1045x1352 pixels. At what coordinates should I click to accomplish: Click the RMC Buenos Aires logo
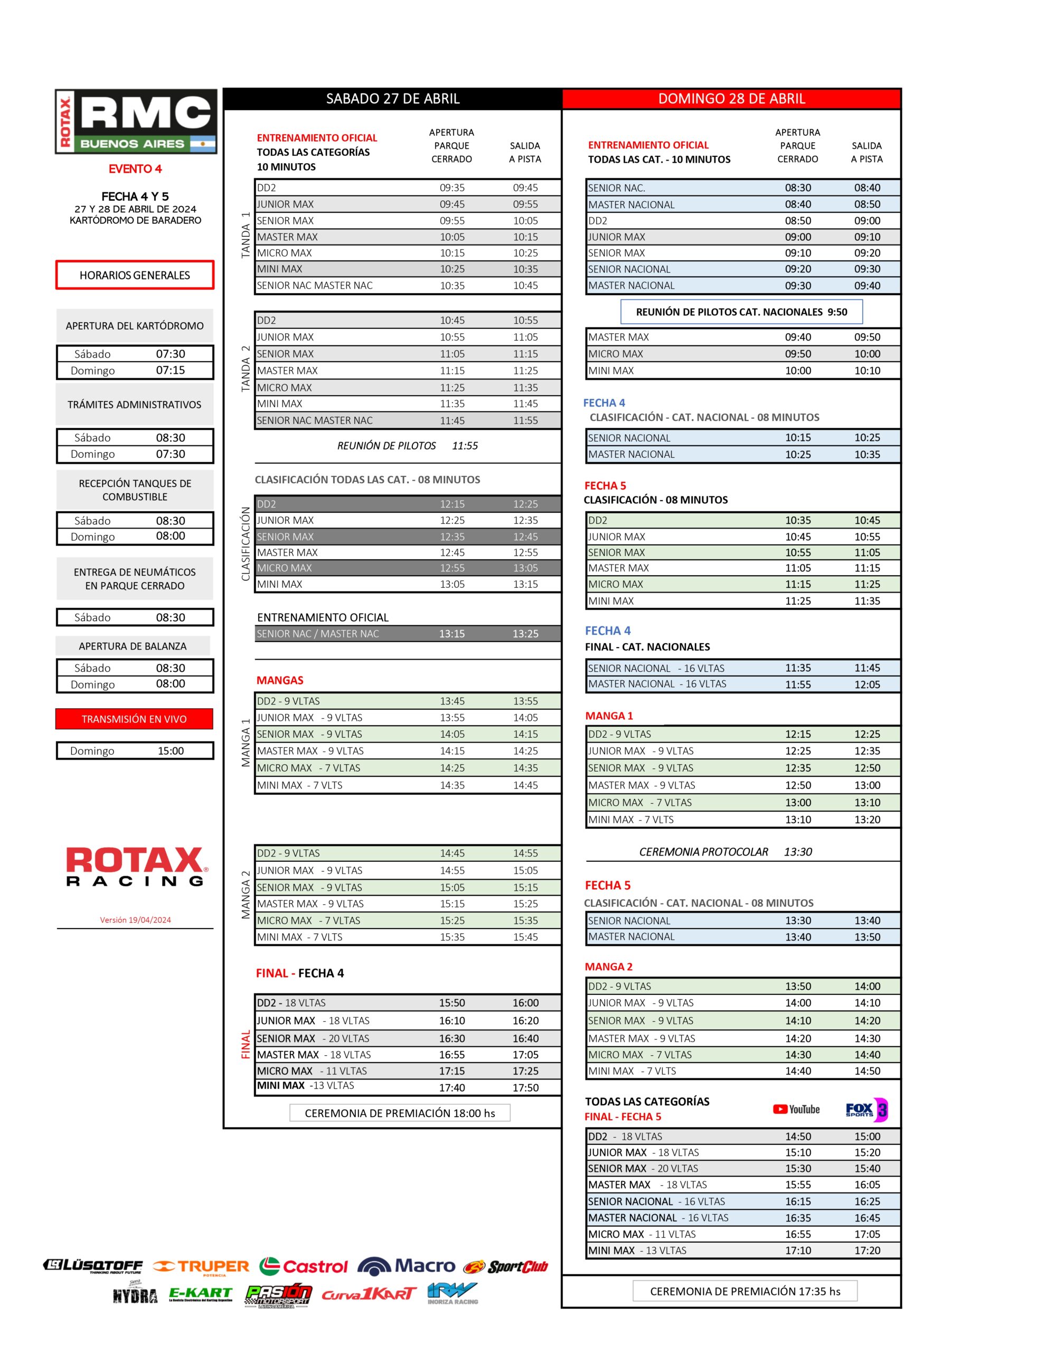click(x=136, y=122)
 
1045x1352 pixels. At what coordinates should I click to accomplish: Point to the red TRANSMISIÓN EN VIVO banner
click(x=134, y=719)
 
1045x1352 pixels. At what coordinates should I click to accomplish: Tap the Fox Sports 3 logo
click(x=866, y=1110)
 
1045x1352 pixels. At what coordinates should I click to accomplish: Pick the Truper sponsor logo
click(x=201, y=1266)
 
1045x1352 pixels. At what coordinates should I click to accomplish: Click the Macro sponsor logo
click(x=406, y=1266)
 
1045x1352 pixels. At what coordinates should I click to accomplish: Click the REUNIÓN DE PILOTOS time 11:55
click(x=465, y=446)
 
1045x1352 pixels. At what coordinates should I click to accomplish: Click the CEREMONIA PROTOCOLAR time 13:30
click(x=798, y=852)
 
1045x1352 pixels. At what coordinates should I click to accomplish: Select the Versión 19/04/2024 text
click(x=136, y=920)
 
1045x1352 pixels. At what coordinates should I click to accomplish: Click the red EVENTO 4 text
click(x=135, y=169)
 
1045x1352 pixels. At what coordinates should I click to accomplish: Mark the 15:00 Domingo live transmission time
click(x=171, y=751)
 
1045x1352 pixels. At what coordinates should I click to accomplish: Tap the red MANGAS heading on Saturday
click(x=280, y=680)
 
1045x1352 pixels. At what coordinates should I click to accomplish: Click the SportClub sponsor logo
click(x=506, y=1266)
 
